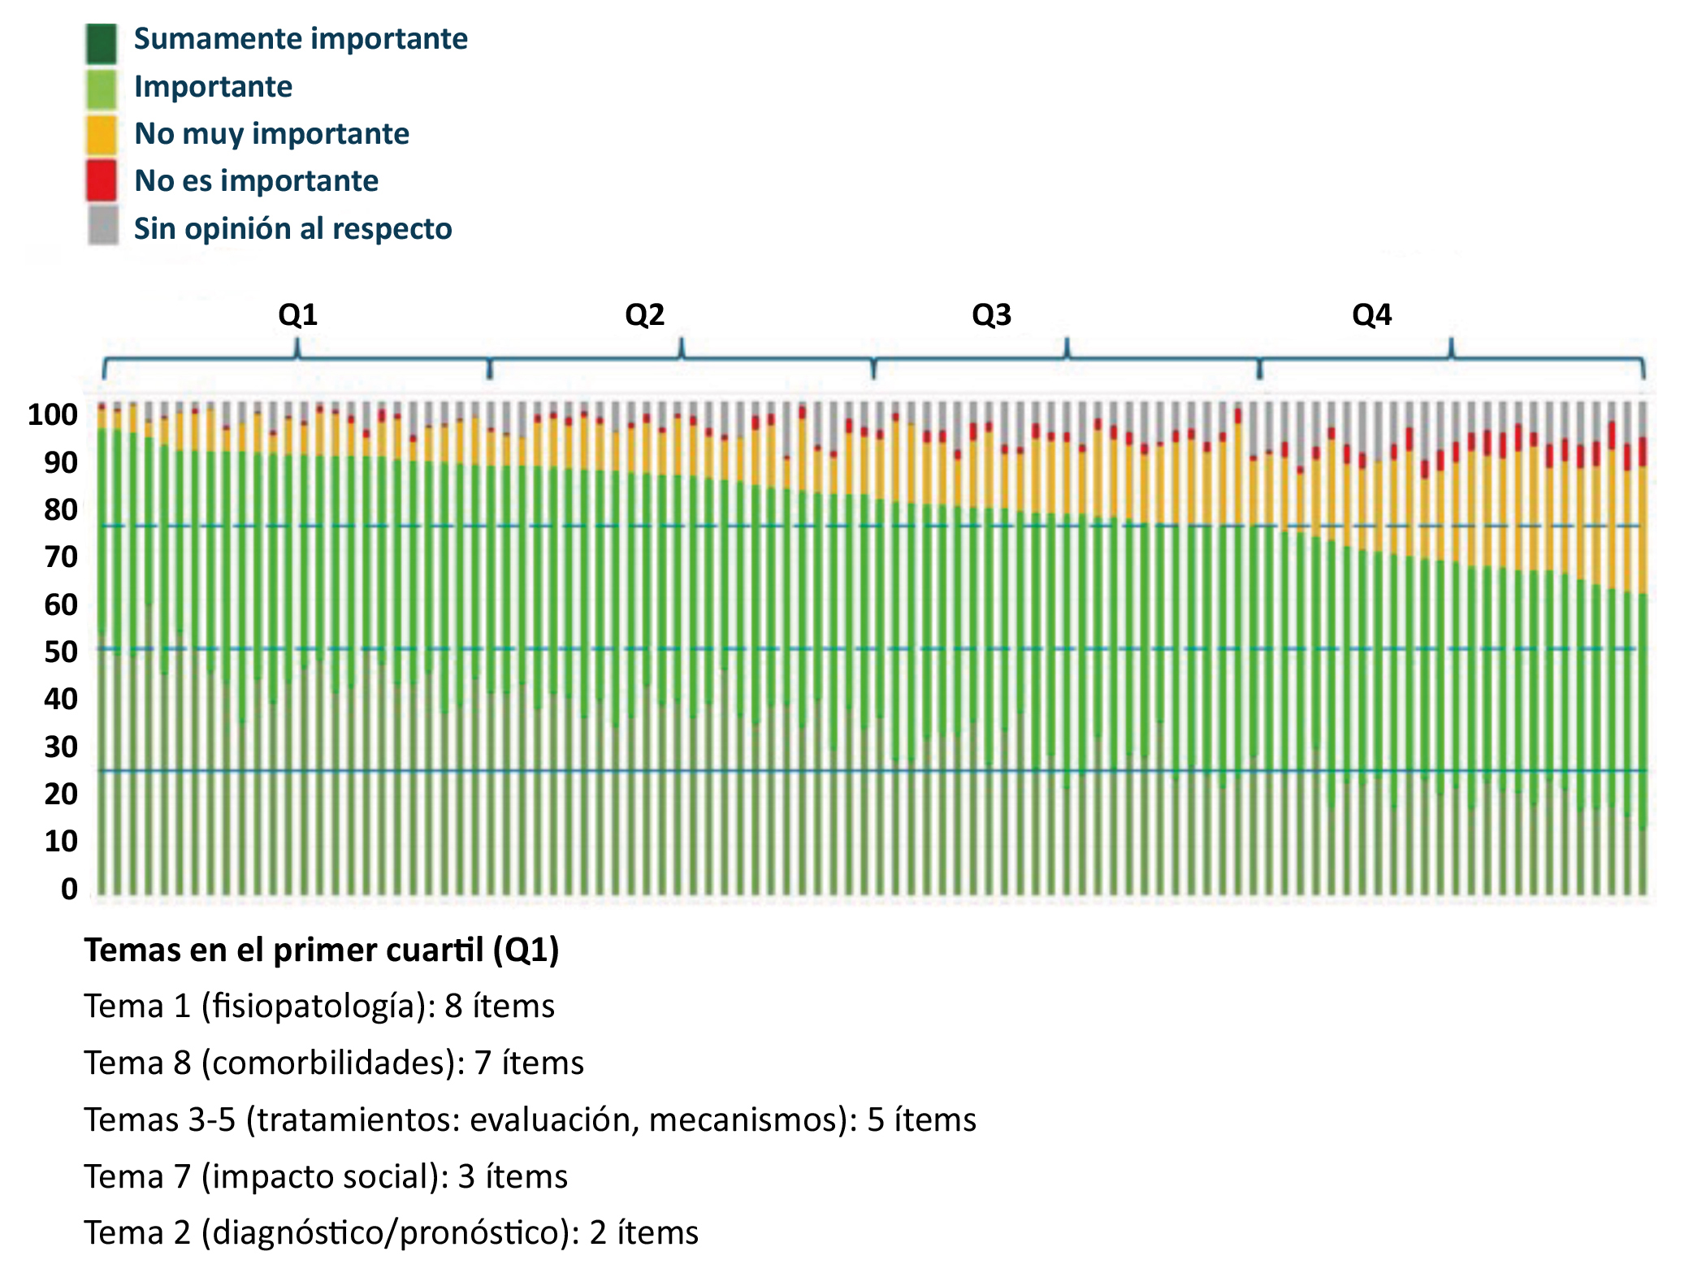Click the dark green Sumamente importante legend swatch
(x=102, y=43)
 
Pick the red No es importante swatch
(x=102, y=180)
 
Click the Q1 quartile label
(x=297, y=315)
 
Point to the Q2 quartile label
(x=644, y=315)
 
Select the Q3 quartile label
(x=991, y=315)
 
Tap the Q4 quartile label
(x=1371, y=315)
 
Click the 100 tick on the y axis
(x=53, y=415)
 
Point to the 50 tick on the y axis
(x=61, y=652)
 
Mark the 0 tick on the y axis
(x=70, y=890)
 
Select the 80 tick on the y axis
(x=61, y=510)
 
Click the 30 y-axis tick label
(x=61, y=747)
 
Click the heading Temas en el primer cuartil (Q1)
(x=322, y=950)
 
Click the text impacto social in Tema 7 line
(x=321, y=1177)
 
